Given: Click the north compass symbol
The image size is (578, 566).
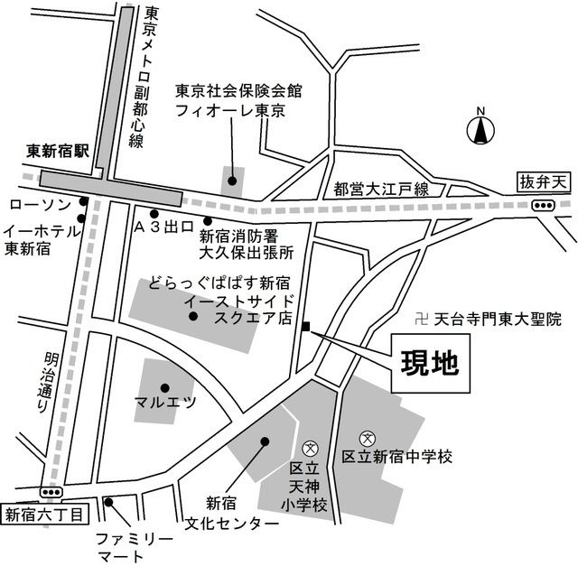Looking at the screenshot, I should (480, 130).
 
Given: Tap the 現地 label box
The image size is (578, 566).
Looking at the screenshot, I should (432, 363).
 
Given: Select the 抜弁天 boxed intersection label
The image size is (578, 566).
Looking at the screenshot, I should (545, 181).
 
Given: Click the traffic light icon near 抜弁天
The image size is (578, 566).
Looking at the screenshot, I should (543, 206).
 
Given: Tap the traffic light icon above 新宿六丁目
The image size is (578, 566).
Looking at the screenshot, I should (51, 492).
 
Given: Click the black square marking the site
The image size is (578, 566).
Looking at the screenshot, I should (307, 327).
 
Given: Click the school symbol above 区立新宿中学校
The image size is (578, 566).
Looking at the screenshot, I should (367, 438).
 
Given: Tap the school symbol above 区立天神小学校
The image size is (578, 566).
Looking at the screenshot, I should (308, 447).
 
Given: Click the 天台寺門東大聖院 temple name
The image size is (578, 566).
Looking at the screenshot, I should (499, 319).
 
